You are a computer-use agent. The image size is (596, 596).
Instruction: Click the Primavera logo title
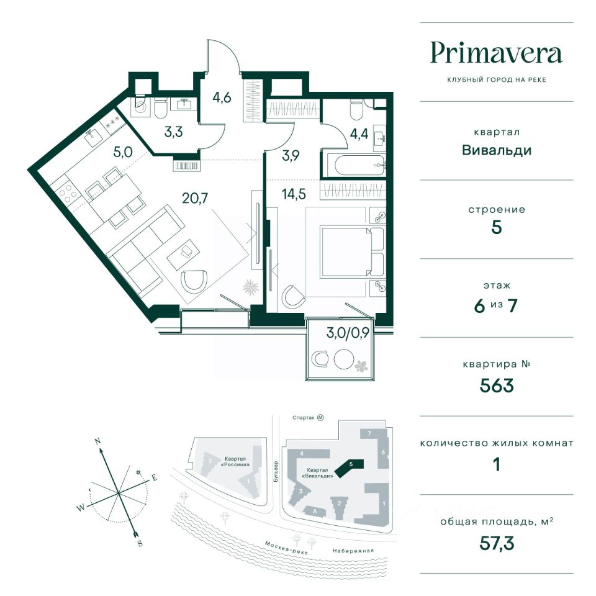coord(497,54)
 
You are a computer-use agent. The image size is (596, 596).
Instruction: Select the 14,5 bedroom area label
coord(294,194)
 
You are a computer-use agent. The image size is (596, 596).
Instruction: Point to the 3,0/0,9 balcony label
coord(348,333)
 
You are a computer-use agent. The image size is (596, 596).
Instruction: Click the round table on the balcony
coord(344,359)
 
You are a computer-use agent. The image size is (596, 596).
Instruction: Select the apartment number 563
coord(497,386)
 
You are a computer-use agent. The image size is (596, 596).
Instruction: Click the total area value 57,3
coord(497,543)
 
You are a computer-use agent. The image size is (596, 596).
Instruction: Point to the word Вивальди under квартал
coord(497,150)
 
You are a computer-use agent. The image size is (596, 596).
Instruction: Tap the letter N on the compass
coord(97,441)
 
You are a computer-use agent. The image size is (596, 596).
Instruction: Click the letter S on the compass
coord(140,543)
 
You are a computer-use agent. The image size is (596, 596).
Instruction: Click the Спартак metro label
coord(304,418)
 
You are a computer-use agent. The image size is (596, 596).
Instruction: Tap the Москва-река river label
coord(286,548)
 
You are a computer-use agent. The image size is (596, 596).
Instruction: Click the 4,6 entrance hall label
coord(222,97)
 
